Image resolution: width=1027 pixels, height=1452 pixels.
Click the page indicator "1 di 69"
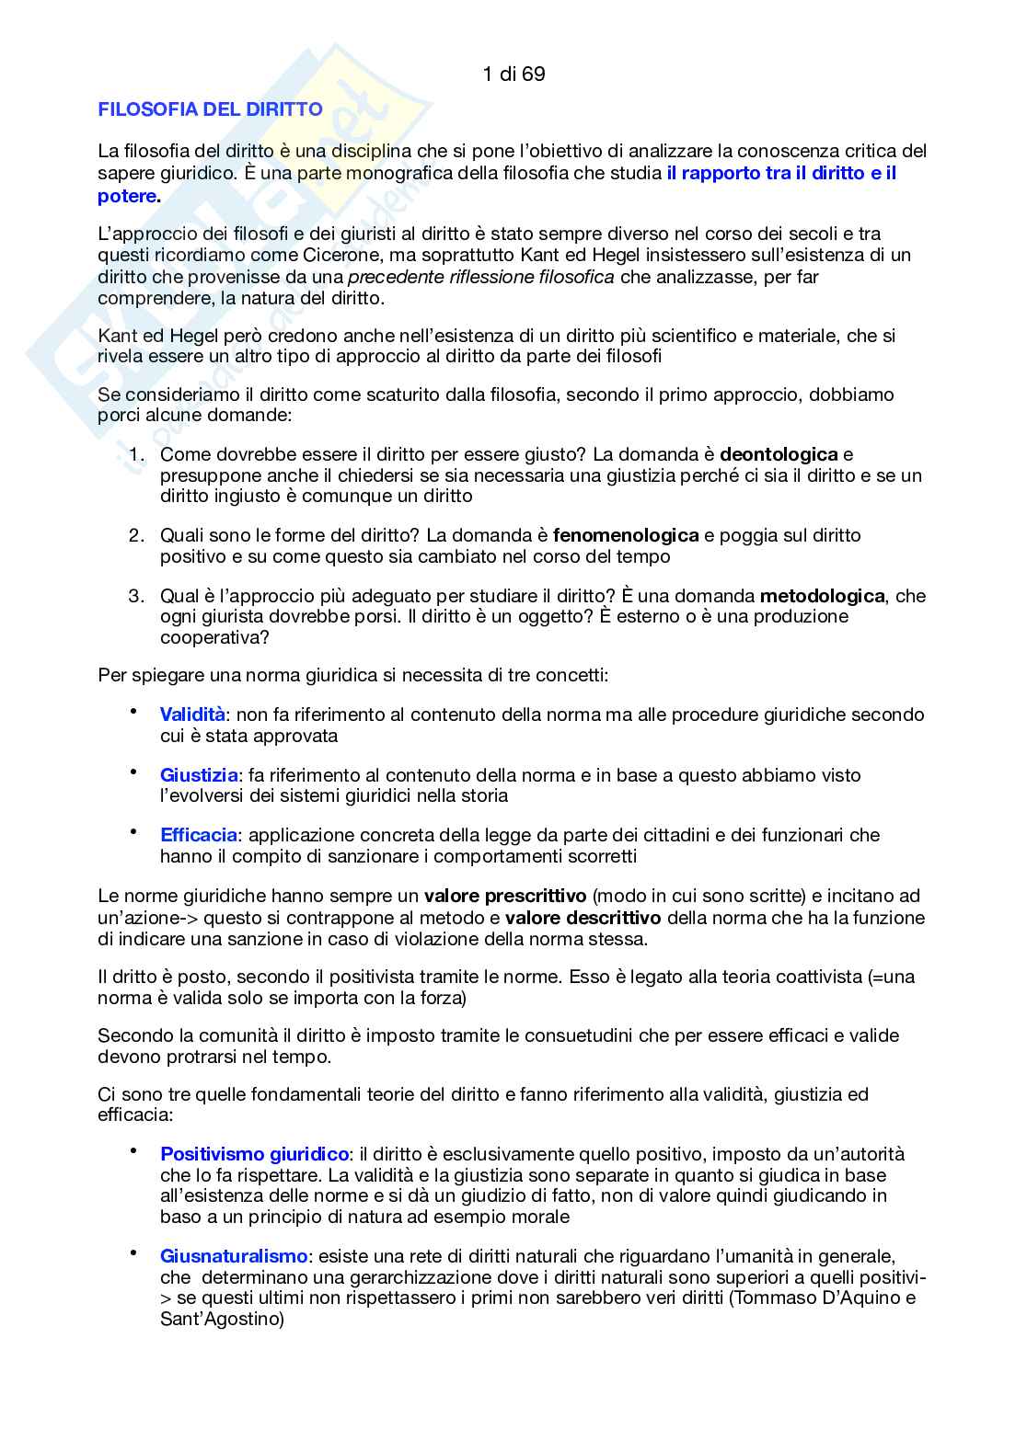click(x=513, y=74)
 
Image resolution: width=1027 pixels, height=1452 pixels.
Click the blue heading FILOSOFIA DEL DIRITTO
click(x=210, y=109)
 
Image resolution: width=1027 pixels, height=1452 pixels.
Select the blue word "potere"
click(x=126, y=196)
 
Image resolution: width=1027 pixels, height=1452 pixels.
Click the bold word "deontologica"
click(x=779, y=454)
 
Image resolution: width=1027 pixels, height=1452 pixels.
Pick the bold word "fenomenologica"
click(x=626, y=535)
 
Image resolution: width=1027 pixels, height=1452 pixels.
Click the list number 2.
click(x=136, y=535)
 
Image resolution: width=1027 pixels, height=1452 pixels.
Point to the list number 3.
click(x=136, y=596)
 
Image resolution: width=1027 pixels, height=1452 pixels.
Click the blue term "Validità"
click(x=192, y=715)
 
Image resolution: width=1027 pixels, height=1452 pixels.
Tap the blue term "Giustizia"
click(x=199, y=775)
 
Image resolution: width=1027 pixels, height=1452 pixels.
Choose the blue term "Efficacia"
click(x=199, y=835)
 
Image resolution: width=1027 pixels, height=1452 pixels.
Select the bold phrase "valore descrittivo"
click(x=583, y=918)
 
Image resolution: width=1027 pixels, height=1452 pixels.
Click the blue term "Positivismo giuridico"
click(x=255, y=1154)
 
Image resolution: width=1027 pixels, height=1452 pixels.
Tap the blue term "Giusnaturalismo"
click(x=234, y=1256)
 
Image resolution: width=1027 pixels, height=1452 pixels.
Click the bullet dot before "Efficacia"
click(x=133, y=831)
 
